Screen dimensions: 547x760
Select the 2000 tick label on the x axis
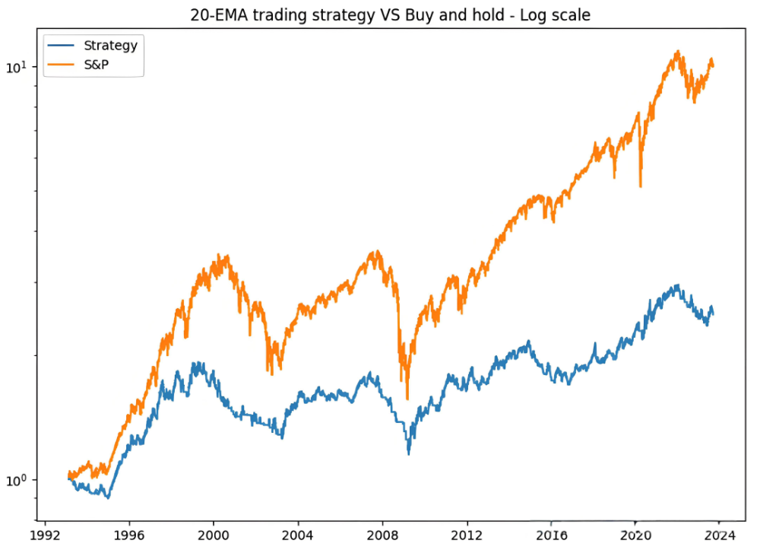click(x=214, y=534)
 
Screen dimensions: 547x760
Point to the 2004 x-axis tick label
click(x=298, y=534)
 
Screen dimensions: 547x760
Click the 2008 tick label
click(x=382, y=534)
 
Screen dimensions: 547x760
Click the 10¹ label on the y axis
click(x=17, y=67)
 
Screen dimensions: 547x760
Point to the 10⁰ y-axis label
click(x=17, y=480)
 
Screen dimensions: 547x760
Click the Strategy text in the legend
click(x=110, y=45)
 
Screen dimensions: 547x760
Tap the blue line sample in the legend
click(x=62, y=46)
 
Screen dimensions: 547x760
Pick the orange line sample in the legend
click(x=62, y=65)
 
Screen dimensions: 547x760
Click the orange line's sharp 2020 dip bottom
click(x=641, y=186)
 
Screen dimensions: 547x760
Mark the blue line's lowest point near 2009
click(x=409, y=454)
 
